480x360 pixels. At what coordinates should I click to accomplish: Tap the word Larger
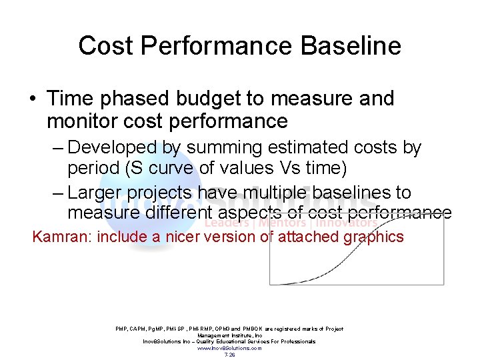(97, 193)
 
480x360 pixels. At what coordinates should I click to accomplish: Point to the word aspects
(252, 213)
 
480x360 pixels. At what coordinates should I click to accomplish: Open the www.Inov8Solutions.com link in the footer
(229, 348)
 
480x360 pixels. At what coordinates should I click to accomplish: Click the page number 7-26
(229, 355)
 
